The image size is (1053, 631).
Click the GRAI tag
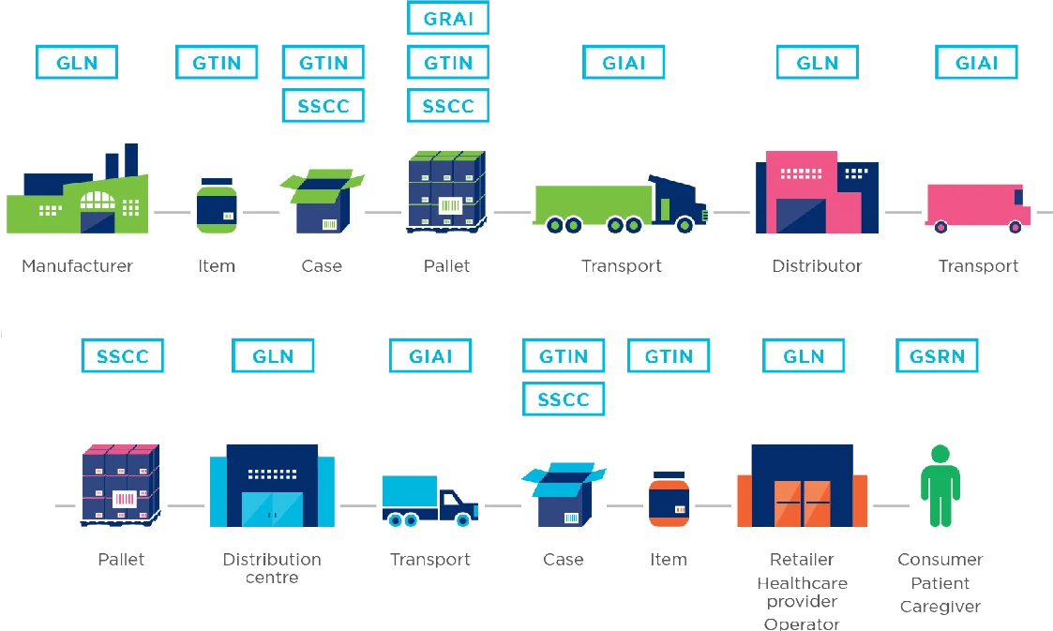pyautogui.click(x=448, y=20)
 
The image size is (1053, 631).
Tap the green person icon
pyautogui.click(x=940, y=485)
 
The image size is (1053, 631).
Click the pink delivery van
pyautogui.click(x=978, y=207)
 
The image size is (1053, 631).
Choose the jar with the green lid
pyautogui.click(x=217, y=205)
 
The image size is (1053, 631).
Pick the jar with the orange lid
pyautogui.click(x=669, y=498)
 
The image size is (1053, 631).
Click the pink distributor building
pyautogui.click(x=817, y=192)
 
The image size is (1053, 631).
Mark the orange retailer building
pyautogui.click(x=802, y=488)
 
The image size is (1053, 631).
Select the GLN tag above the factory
pyautogui.click(x=76, y=63)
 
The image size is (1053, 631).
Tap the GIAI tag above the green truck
pyautogui.click(x=624, y=63)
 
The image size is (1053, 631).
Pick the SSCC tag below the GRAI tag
pyautogui.click(x=448, y=106)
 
